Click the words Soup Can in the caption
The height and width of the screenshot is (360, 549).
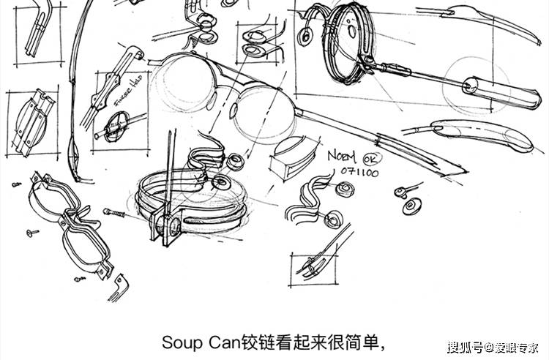(x=188, y=342)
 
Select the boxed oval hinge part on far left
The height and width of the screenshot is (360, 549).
(x=30, y=123)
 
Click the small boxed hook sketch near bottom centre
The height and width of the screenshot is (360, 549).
(x=313, y=266)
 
